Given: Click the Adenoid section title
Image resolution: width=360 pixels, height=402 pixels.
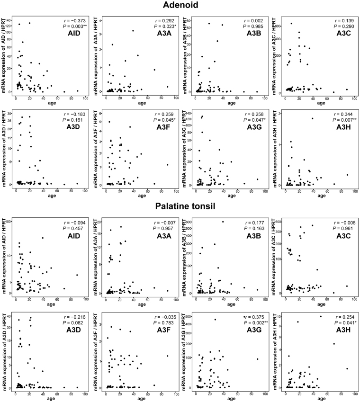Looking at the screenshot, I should [x=180, y=6].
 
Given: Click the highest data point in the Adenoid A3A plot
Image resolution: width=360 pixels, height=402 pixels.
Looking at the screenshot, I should [x=133, y=31].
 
